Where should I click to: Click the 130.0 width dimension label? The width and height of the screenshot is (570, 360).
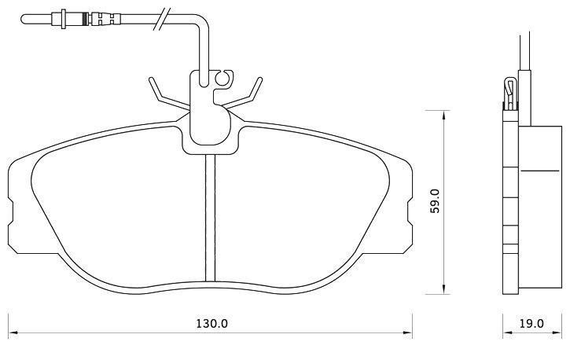click(212, 323)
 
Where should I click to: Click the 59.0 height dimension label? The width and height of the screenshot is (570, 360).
click(435, 201)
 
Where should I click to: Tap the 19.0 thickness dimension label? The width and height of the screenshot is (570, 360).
click(531, 323)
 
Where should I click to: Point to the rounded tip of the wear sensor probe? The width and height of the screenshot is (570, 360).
click(24, 19)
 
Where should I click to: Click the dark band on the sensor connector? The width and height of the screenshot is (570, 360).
click(86, 19)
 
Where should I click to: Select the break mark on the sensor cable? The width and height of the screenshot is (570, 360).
click(162, 19)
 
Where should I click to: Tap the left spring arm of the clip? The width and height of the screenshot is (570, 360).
click(168, 95)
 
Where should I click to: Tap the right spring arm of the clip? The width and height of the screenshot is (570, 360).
click(243, 94)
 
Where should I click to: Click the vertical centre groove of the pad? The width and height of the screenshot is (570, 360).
click(210, 218)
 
